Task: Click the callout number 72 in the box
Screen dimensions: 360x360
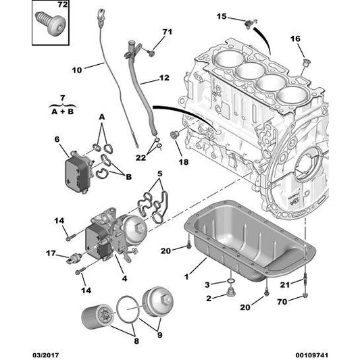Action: (62, 6)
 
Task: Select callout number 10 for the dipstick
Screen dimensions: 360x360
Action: (76, 69)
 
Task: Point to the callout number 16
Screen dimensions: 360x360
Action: (294, 39)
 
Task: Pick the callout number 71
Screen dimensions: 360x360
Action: (168, 32)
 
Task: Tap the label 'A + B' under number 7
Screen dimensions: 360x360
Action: (62, 107)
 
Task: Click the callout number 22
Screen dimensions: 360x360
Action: (139, 157)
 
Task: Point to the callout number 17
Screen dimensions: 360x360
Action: (50, 254)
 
